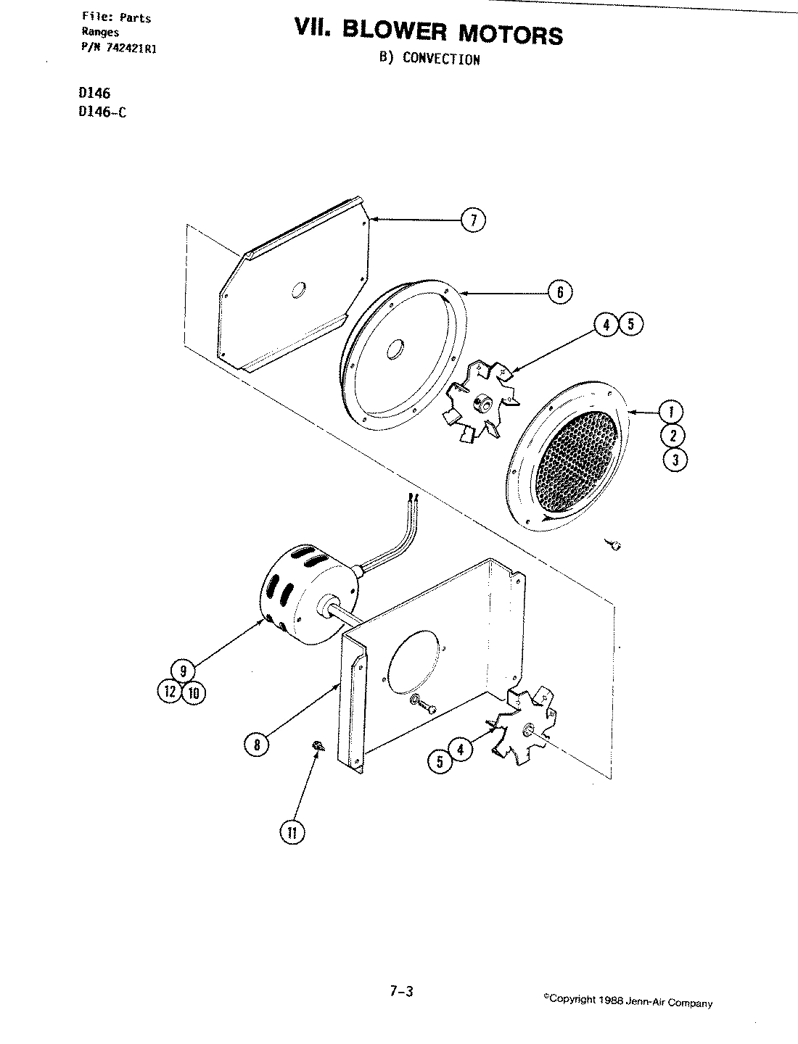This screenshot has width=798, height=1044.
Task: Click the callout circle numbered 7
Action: click(473, 220)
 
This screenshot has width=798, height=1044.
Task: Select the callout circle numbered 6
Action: click(559, 292)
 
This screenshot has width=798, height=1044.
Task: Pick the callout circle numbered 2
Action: click(673, 436)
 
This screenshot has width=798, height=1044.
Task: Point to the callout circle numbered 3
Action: click(674, 460)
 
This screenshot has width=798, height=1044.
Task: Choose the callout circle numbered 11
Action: click(292, 833)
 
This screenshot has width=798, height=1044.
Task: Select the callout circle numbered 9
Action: click(184, 671)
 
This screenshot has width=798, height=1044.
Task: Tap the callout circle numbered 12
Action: click(170, 692)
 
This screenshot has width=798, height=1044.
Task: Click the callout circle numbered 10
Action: click(193, 693)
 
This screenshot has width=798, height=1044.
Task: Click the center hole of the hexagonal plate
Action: click(297, 291)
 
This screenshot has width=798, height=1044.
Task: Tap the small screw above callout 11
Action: click(318, 746)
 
